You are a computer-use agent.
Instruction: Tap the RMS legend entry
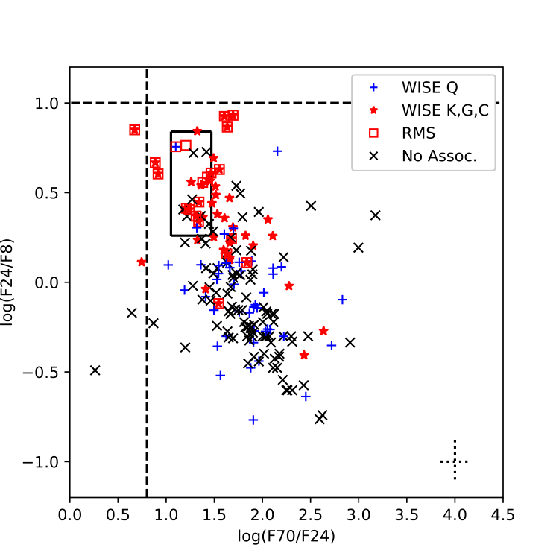(417, 133)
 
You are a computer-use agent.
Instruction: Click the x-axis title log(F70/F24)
(286, 534)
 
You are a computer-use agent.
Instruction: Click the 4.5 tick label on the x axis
(502, 515)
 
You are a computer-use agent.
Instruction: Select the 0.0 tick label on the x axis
(70, 515)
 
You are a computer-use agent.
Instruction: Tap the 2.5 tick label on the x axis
(310, 515)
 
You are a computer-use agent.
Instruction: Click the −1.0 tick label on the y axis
(44, 462)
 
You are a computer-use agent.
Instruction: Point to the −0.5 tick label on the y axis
(44, 373)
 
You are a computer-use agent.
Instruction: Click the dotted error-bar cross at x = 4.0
(455, 461)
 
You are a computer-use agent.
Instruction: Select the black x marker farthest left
(95, 370)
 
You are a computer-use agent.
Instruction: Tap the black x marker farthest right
(375, 215)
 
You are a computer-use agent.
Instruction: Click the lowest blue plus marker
(253, 420)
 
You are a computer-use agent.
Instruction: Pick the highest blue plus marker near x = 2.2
(277, 151)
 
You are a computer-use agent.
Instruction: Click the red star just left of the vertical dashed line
(142, 262)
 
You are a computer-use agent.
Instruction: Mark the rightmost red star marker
(323, 330)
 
